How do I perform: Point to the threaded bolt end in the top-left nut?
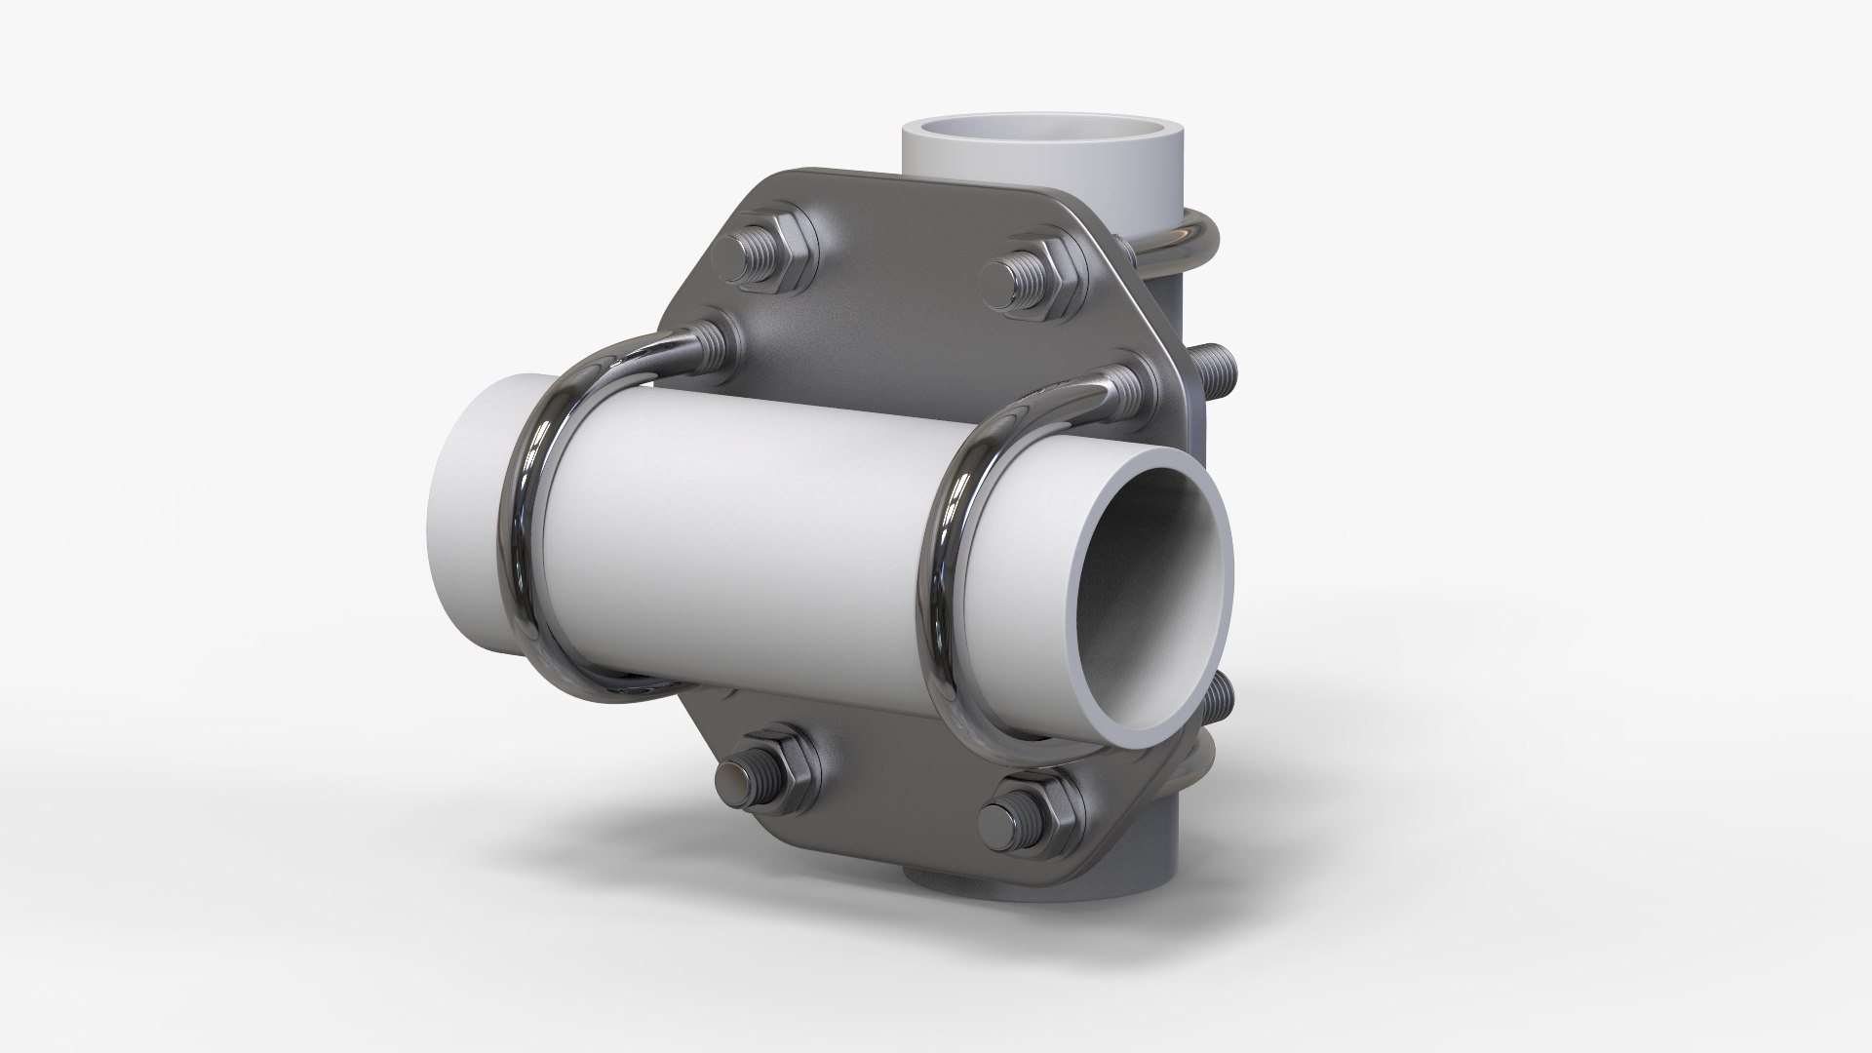(756, 263)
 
